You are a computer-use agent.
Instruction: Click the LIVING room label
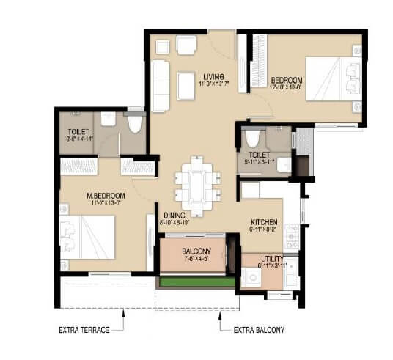coord(214,77)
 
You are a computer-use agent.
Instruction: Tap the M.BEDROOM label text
coord(106,196)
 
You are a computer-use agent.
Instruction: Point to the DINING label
coord(175,215)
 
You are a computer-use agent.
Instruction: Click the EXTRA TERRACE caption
coord(84,331)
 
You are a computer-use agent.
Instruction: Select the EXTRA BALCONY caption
coord(259,331)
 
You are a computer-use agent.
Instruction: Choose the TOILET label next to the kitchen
coord(260,155)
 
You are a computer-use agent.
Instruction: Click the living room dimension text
coord(214,85)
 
